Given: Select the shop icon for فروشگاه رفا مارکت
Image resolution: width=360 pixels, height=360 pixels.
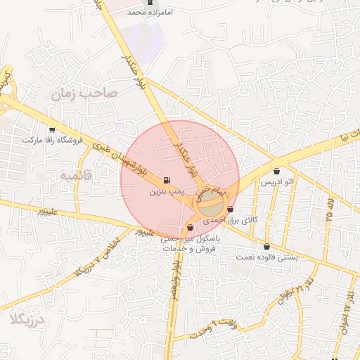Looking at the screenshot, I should pyautogui.click(x=52, y=129).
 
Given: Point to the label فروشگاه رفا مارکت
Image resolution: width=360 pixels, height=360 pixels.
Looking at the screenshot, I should pyautogui.click(x=53, y=140).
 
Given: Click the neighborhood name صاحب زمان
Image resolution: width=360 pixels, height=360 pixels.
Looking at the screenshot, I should pyautogui.click(x=85, y=93).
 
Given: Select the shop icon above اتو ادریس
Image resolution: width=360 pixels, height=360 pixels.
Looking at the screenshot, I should pyautogui.click(x=276, y=171).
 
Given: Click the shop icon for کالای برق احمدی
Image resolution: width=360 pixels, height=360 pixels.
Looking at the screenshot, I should pyautogui.click(x=231, y=209).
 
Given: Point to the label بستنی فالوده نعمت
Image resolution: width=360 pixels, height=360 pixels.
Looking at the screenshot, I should pyautogui.click(x=267, y=257).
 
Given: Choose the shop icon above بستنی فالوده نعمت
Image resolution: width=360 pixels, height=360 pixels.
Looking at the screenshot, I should pyautogui.click(x=266, y=247).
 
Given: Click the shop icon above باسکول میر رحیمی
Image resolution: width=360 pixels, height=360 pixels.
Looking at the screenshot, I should pyautogui.click(x=191, y=227).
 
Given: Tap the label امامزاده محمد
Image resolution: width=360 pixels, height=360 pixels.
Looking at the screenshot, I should pyautogui.click(x=149, y=13).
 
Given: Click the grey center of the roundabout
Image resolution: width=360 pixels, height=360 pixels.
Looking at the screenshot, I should pyautogui.click(x=210, y=206).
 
